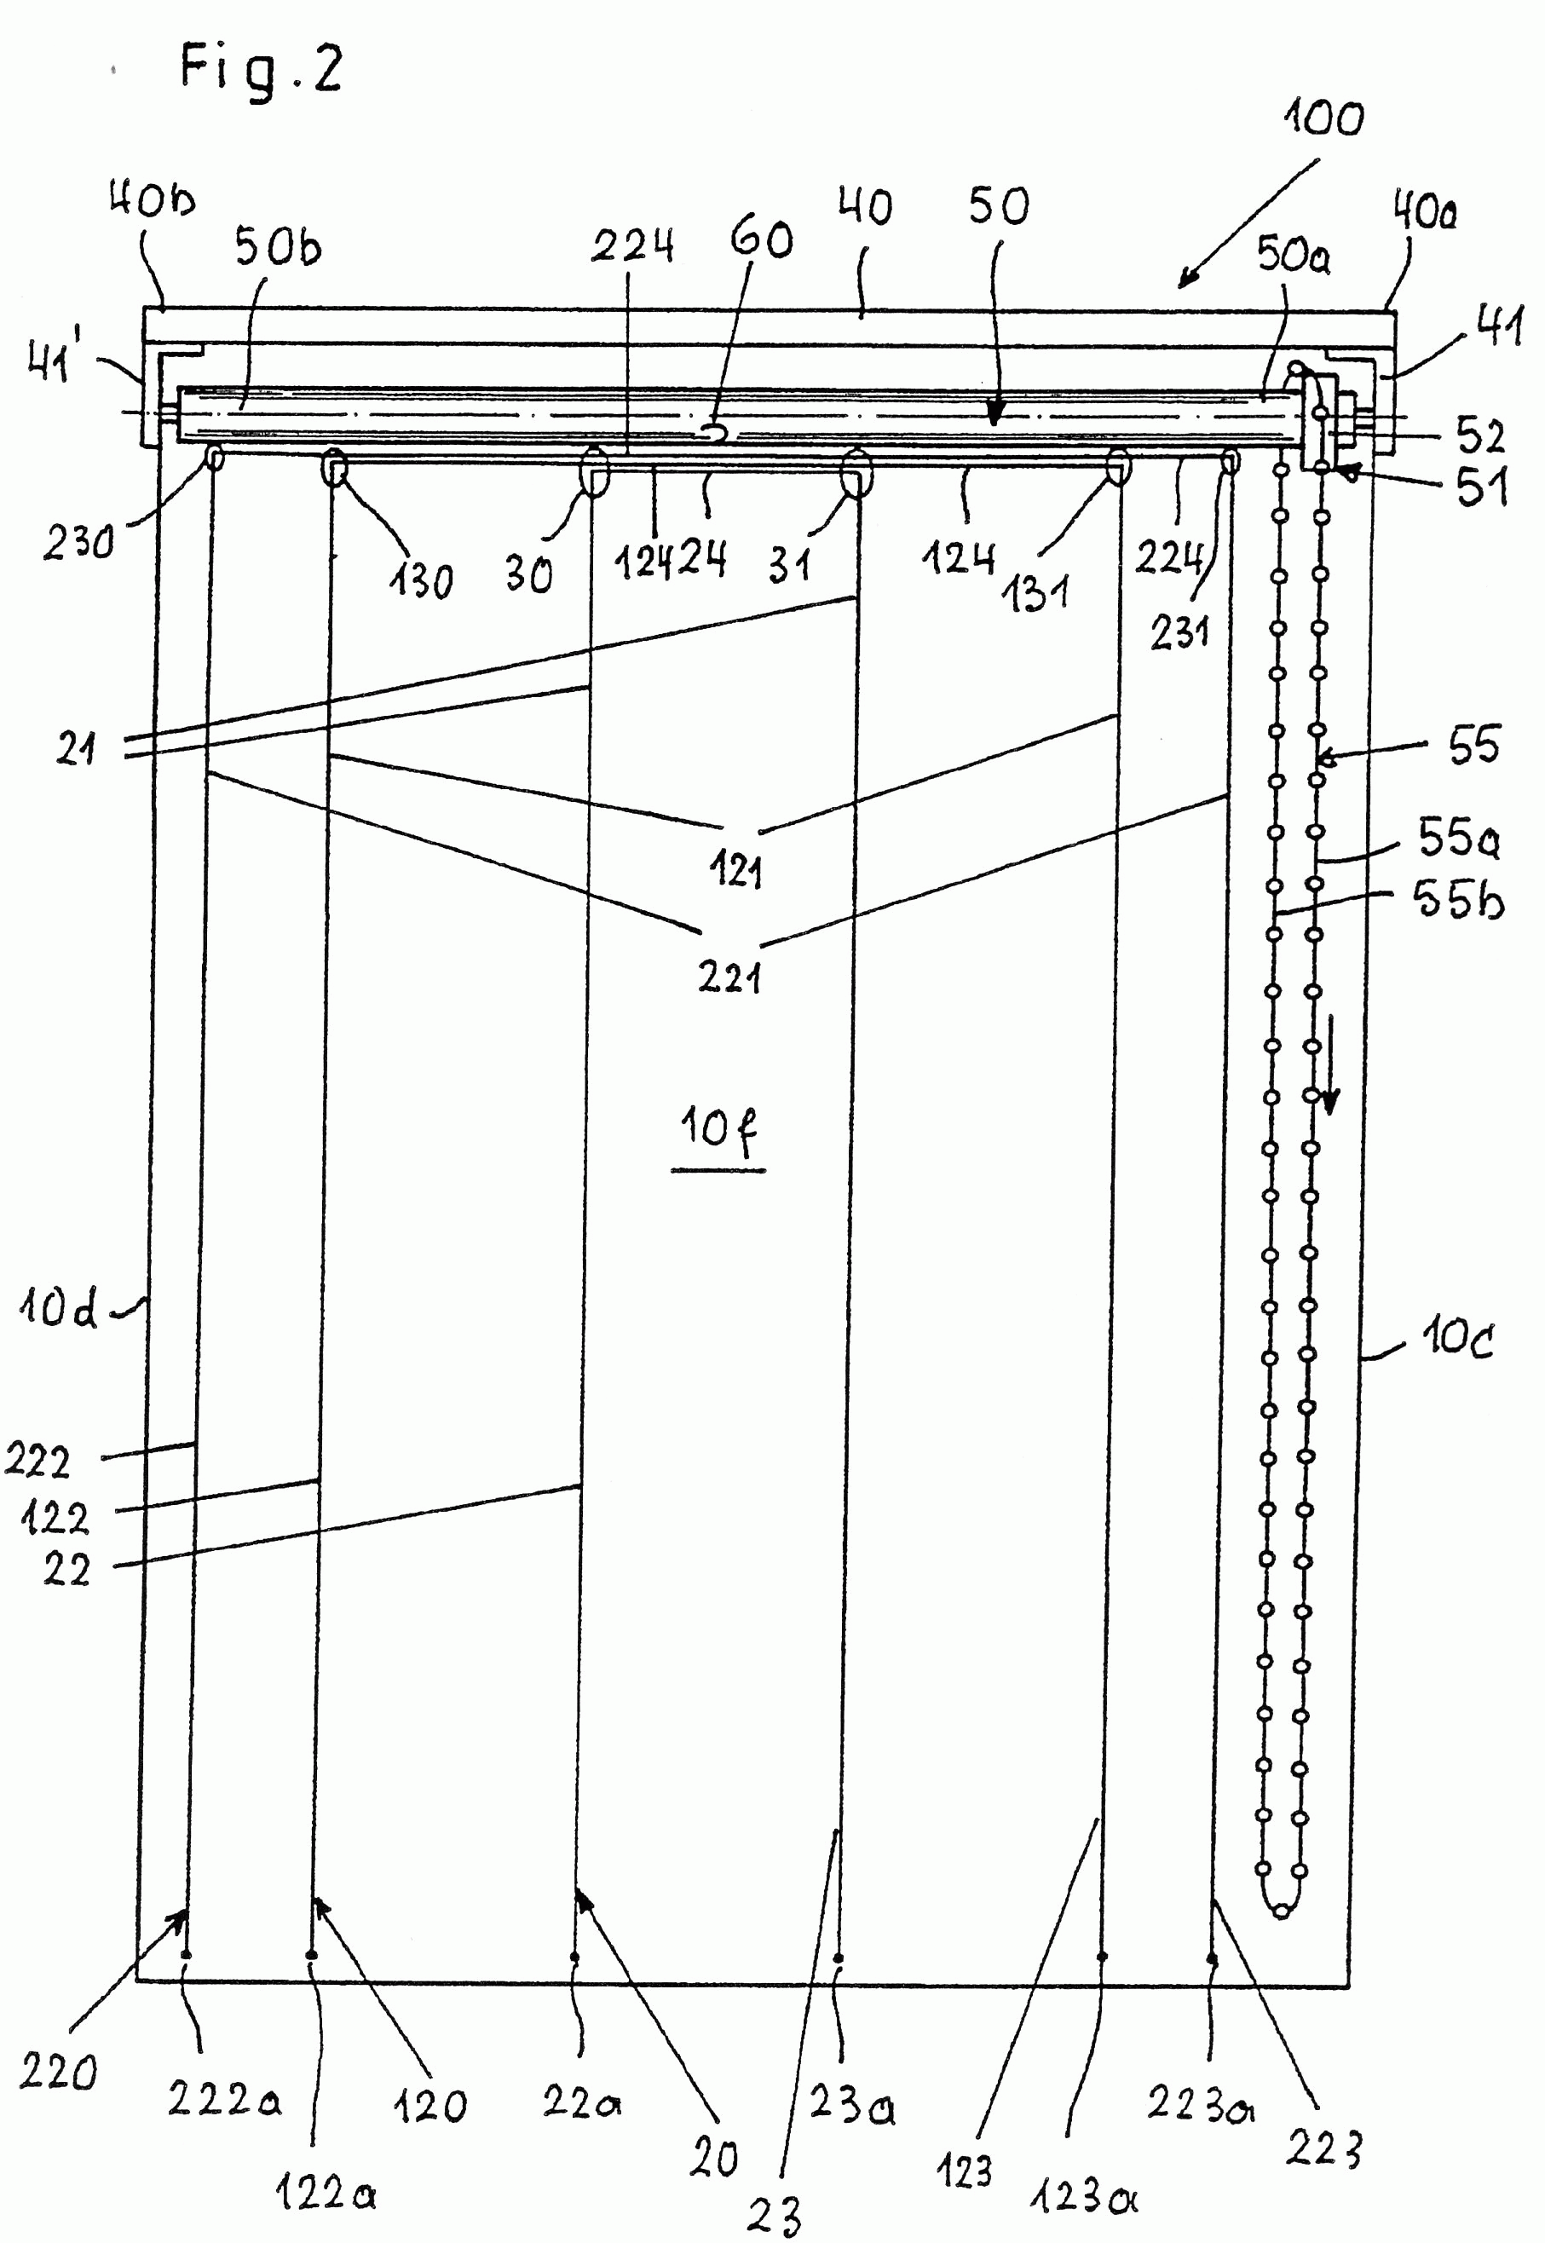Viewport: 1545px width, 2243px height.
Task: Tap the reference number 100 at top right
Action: click(x=1323, y=119)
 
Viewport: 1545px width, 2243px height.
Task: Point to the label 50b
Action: click(x=277, y=249)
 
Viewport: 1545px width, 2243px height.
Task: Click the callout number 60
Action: click(x=762, y=239)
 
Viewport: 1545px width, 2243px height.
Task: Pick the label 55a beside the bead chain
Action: click(x=1459, y=839)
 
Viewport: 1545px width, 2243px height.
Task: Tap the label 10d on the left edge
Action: click(x=58, y=1310)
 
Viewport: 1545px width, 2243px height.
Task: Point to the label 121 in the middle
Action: click(x=735, y=872)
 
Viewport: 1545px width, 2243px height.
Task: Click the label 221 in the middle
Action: click(x=729, y=978)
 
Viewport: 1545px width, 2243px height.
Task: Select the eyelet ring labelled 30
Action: click(x=592, y=473)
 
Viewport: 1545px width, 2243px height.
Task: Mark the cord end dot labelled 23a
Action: click(x=839, y=1958)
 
